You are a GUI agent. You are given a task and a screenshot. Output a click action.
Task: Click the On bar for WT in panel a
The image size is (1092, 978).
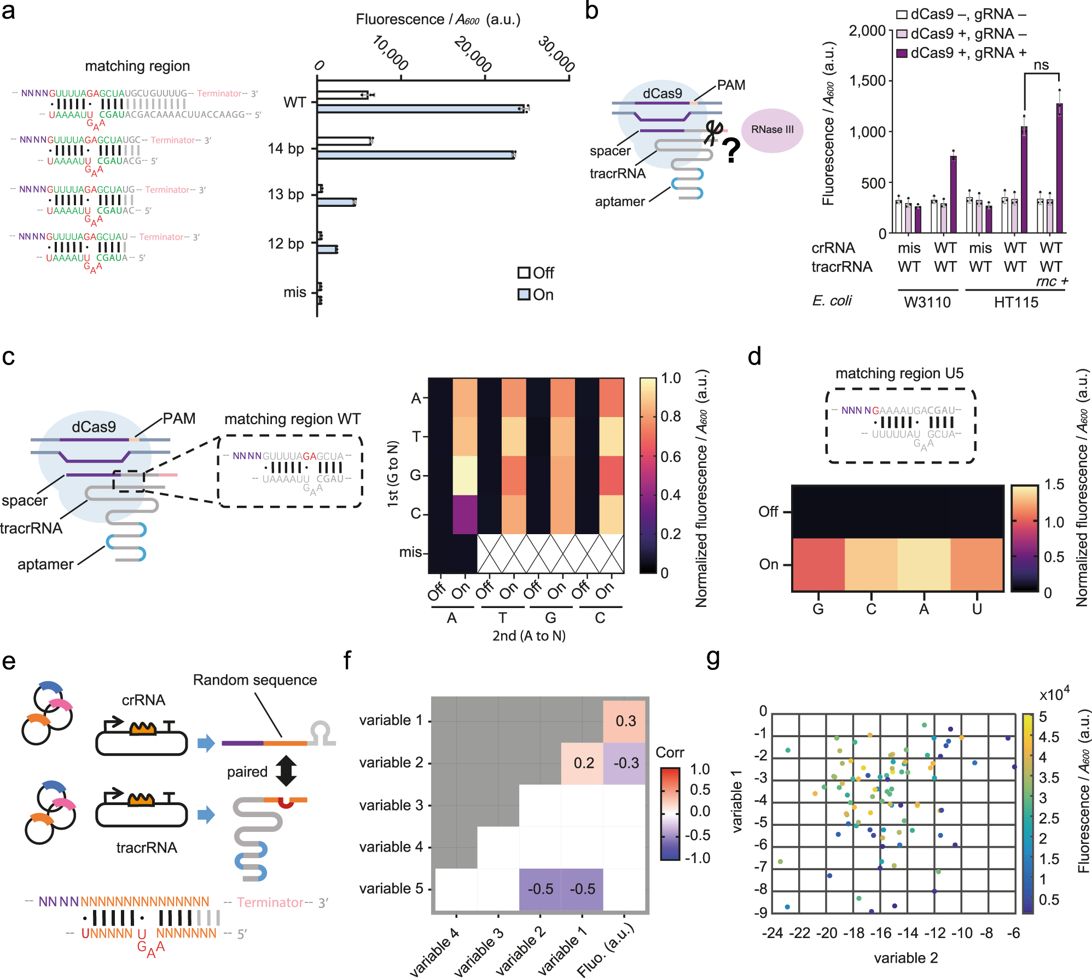tap(421, 109)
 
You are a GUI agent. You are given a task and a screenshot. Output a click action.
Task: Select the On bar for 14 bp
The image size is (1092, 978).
tap(416, 155)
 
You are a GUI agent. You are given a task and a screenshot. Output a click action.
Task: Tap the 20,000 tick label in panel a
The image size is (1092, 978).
tap(473, 54)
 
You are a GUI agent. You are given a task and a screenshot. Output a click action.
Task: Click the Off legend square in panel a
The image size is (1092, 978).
tap(524, 273)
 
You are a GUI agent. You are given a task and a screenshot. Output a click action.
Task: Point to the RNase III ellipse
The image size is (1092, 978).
tap(772, 130)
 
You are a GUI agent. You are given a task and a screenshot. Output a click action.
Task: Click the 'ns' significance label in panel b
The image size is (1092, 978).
tap(1041, 65)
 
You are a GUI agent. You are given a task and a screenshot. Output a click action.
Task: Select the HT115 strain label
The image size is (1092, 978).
tap(1016, 302)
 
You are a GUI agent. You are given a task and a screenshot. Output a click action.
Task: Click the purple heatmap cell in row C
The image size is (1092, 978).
tap(464, 514)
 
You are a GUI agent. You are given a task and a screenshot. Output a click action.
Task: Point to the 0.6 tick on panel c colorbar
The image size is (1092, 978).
tap(670, 456)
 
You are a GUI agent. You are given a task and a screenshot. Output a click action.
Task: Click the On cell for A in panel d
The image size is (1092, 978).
tap(923, 564)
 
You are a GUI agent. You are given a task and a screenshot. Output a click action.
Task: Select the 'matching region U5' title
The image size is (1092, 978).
tap(899, 373)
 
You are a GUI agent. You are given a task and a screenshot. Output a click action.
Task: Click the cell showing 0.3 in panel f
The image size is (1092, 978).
tap(625, 721)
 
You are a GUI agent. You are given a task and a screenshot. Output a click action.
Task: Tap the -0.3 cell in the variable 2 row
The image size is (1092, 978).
tap(625, 763)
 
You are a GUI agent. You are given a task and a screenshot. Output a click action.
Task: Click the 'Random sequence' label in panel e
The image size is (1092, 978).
tap(255, 680)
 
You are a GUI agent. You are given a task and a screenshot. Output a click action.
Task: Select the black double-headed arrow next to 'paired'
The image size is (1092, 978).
tap(286, 771)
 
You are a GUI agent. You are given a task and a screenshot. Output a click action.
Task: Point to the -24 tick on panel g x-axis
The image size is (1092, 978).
tap(772, 933)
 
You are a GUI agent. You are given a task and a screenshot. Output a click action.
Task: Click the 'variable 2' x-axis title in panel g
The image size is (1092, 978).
tap(905, 958)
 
